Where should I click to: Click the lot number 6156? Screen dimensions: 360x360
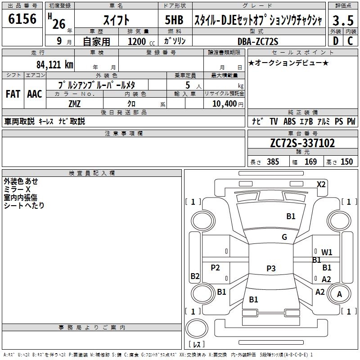pos(22,20)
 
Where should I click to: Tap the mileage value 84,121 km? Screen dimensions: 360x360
pos(55,64)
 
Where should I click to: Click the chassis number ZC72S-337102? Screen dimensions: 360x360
pos(302,144)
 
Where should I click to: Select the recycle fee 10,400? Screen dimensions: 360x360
pos(224,103)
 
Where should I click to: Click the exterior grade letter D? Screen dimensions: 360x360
pos(335,41)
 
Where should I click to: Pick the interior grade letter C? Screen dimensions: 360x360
pos(350,41)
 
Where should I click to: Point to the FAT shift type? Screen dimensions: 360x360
pos(13,94)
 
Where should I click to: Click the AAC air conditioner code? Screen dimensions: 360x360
pos(34,94)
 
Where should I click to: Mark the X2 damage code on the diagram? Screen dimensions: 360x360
pos(321,184)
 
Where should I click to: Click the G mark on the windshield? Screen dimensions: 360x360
pos(284,237)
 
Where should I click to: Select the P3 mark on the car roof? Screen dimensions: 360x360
pos(270,268)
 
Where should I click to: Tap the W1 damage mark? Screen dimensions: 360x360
pos(327,252)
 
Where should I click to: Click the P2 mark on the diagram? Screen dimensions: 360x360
pos(216,268)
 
